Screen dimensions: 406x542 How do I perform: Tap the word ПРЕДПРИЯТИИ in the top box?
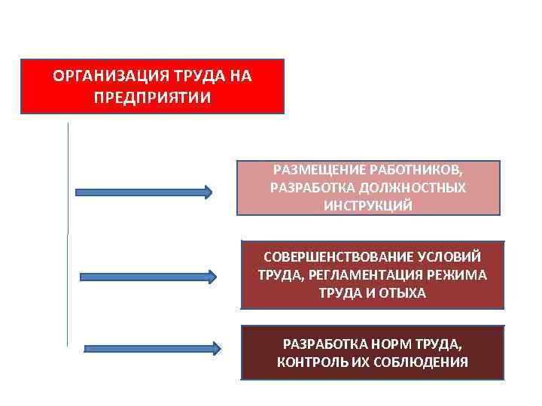[x=153, y=98]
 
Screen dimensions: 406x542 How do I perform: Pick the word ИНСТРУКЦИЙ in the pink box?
[x=368, y=206]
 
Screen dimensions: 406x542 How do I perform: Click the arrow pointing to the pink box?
[x=143, y=192]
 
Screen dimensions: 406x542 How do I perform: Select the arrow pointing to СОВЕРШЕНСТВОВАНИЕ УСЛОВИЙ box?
[x=148, y=277]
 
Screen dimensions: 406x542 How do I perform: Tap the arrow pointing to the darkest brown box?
[x=152, y=348]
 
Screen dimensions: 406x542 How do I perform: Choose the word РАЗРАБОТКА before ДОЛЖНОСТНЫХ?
[x=306, y=187]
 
